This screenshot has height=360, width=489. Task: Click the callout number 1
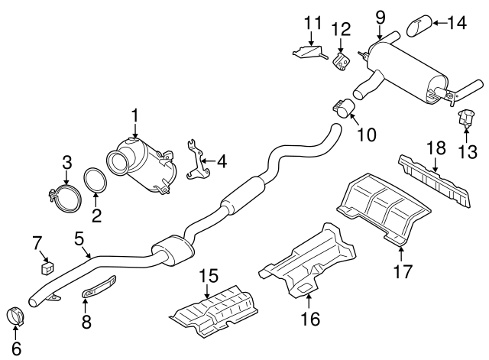pos(134,117)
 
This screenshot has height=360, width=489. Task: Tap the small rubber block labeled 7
pos(47,267)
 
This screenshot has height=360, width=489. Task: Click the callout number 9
pos(381,15)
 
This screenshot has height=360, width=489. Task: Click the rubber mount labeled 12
pos(342,59)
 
